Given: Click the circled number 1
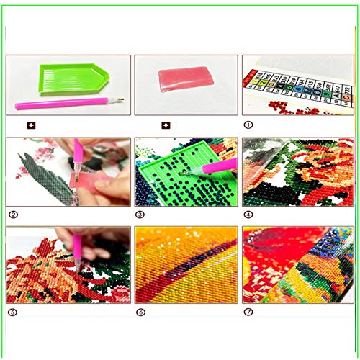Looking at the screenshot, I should (x=248, y=125).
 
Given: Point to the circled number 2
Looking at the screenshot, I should (x=12, y=214).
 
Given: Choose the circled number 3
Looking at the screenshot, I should (x=140, y=214).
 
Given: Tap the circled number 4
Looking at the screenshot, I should (x=248, y=214).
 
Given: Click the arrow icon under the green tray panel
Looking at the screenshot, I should (x=30, y=125).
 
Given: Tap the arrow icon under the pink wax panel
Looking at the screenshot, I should (x=166, y=125).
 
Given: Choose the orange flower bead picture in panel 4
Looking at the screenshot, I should (x=302, y=173).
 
